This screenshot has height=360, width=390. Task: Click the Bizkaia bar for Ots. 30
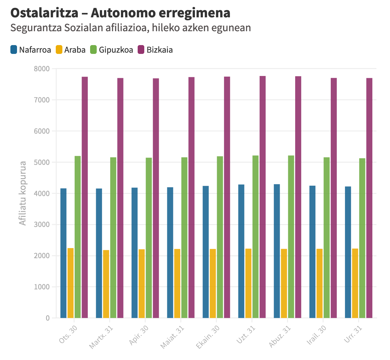coord(85,197)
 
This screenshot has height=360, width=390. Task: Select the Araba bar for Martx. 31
coord(106,284)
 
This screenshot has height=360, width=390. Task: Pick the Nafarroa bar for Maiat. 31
coord(170,253)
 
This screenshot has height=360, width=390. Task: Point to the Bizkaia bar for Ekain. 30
coord(227,197)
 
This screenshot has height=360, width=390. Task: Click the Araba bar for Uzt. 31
coord(249,283)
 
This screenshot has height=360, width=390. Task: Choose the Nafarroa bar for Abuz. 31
coord(277,251)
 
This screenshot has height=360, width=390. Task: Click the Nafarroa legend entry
coord(31,50)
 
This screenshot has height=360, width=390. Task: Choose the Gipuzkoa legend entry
coord(112,50)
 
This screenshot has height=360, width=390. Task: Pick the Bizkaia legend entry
coord(155,50)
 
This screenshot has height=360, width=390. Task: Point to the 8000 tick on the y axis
coord(42,69)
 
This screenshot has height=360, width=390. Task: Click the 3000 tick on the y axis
coord(42,224)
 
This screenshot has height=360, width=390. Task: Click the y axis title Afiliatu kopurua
coord(23,193)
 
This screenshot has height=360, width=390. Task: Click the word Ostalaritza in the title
coord(44,13)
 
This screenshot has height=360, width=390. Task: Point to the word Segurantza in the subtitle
coord(36,28)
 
